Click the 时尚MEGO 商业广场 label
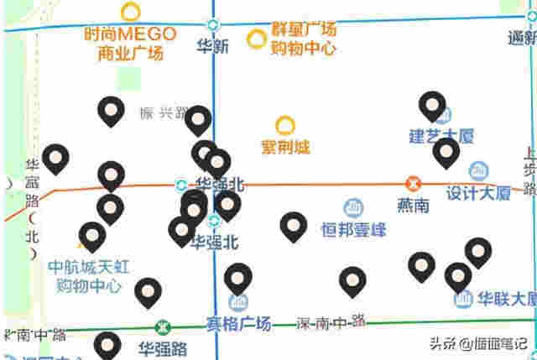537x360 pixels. point(130,44)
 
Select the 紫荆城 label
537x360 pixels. point(285,148)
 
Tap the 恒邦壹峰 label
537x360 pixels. point(353,228)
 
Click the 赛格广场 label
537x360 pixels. point(238,323)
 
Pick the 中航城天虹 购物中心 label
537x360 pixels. point(89,277)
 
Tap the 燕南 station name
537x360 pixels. point(413,204)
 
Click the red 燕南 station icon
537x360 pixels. point(413,184)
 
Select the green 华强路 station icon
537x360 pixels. point(163,326)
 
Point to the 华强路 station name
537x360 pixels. point(163,347)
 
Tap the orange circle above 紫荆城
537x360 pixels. point(285,127)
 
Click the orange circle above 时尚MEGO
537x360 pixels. point(130,12)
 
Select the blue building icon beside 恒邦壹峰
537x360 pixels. point(353,207)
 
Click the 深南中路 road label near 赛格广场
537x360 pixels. point(331,321)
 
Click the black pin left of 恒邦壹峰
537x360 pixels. point(293,226)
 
